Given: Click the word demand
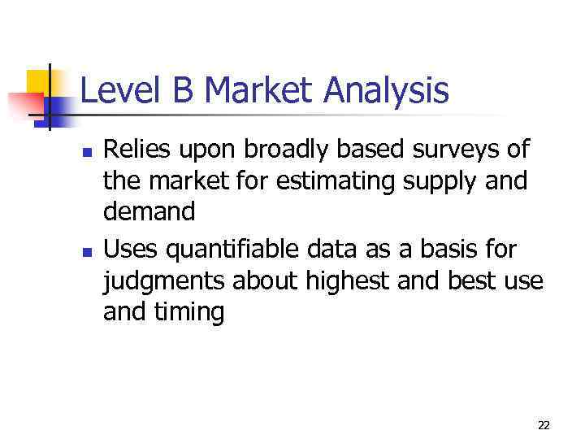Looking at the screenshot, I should [149, 211].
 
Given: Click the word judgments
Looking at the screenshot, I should [164, 282].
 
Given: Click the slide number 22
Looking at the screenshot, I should [544, 425].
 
